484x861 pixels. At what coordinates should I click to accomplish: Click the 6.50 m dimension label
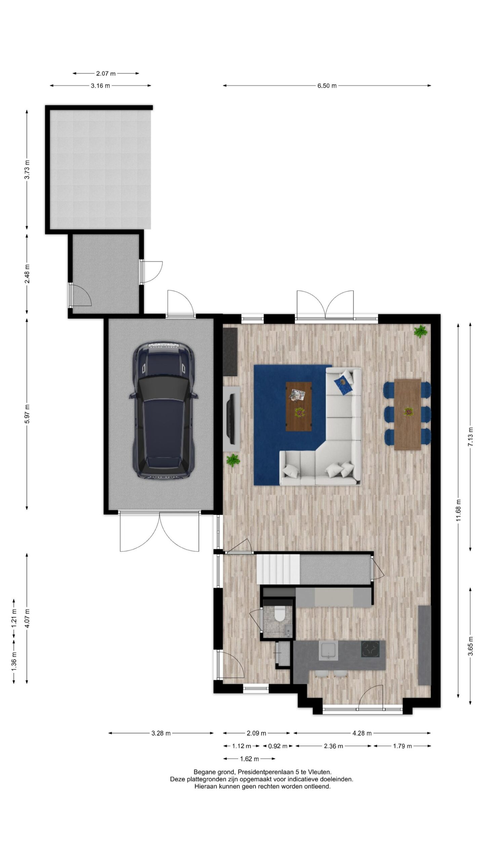[x=327, y=85]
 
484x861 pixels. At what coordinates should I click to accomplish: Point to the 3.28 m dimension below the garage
[x=161, y=733]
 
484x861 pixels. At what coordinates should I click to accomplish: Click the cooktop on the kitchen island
[x=370, y=649]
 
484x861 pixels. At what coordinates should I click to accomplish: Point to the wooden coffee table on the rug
[x=298, y=406]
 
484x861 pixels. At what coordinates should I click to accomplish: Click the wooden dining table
[x=407, y=414]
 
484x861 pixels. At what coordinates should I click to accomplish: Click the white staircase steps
[x=278, y=569]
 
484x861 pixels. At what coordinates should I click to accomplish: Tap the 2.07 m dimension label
[x=106, y=73]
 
